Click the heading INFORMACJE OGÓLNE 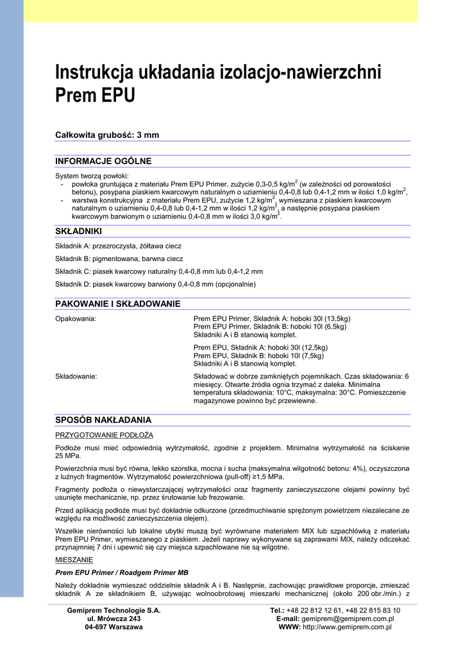103,160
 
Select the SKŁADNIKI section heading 78,231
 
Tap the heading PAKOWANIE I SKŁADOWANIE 117,303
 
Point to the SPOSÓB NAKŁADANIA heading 103,420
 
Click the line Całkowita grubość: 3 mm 107,135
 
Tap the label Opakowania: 76,318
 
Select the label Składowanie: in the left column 76,376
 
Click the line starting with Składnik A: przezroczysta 118,246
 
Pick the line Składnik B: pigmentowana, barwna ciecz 119,259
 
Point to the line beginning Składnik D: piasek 155,284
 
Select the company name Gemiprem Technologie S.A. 114,610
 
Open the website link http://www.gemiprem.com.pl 347,627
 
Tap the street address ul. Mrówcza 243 114,619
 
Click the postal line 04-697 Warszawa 114,627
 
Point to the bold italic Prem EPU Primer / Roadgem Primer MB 122,572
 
